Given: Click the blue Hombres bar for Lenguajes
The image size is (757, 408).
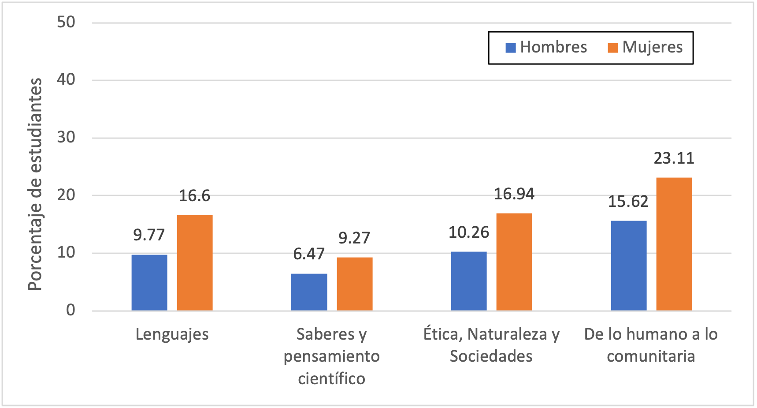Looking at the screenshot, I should pyautogui.click(x=149, y=282).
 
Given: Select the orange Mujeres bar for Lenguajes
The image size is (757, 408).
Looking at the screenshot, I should pyautogui.click(x=195, y=262).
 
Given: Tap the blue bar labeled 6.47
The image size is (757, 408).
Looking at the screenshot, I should pyautogui.click(x=309, y=292).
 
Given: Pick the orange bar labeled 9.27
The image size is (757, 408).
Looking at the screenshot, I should pyautogui.click(x=355, y=284).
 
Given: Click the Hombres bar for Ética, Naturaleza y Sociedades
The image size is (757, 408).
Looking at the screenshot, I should pyautogui.click(x=469, y=281).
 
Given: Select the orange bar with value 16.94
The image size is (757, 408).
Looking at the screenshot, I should pyautogui.click(x=514, y=262).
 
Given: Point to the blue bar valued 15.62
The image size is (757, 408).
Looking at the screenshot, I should pyautogui.click(x=629, y=266).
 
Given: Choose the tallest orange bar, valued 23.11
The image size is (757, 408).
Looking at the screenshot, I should pyautogui.click(x=674, y=244).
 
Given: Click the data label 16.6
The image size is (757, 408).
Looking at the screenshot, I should pyautogui.click(x=194, y=196).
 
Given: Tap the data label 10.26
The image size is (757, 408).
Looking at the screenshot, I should pyautogui.click(x=469, y=232).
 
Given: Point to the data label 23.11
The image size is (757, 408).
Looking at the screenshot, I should pyautogui.click(x=674, y=158).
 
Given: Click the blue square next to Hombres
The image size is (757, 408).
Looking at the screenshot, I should pyautogui.click(x=511, y=48).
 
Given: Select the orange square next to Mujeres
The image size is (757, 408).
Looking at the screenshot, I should pyautogui.click(x=612, y=48).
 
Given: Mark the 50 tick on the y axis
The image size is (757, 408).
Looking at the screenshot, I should pyautogui.click(x=66, y=22).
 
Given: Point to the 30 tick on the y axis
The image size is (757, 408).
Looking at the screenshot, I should pyautogui.click(x=66, y=138).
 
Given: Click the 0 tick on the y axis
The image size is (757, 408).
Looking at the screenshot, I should pyautogui.click(x=71, y=311).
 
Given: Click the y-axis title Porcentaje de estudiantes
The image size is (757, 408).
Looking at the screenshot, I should pyautogui.click(x=35, y=184).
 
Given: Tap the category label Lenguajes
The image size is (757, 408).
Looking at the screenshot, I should pyautogui.click(x=172, y=334).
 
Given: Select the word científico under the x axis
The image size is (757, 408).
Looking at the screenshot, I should pyautogui.click(x=331, y=378).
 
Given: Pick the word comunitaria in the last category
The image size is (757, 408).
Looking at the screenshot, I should pyautogui.click(x=651, y=356).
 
